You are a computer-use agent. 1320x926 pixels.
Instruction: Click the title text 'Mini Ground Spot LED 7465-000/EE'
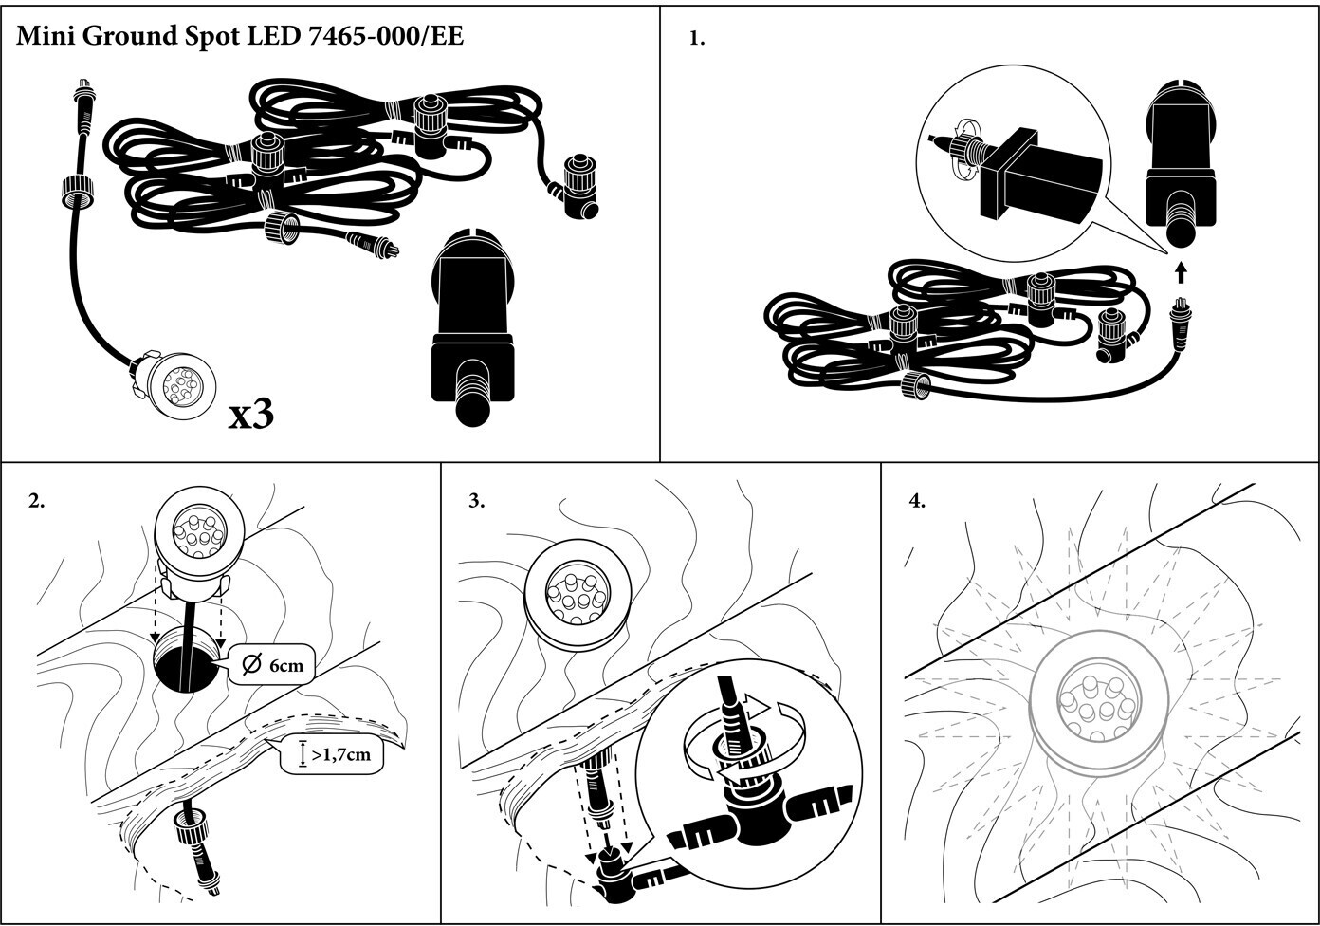(240, 36)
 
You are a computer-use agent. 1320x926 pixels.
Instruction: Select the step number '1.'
(697, 38)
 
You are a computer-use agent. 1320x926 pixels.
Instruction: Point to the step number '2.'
(37, 501)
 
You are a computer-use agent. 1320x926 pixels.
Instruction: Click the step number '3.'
(477, 501)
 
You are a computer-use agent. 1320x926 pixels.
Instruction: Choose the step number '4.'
(918, 501)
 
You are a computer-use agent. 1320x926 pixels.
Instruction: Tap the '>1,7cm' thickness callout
(332, 755)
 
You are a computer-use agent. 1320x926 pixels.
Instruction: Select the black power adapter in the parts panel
(472, 327)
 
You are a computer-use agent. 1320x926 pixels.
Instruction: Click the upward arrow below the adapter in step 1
(1179, 272)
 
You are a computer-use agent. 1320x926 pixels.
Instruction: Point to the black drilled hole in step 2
(186, 668)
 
